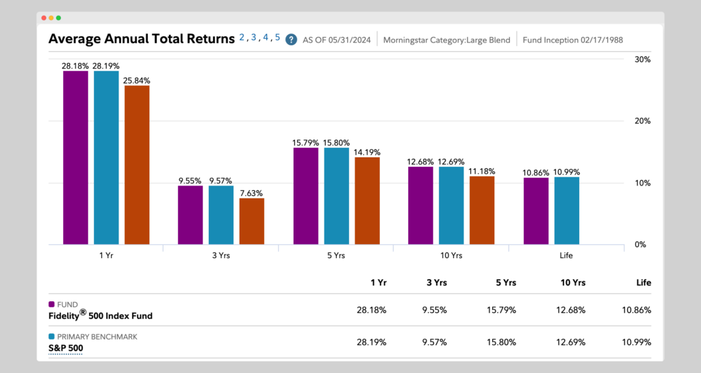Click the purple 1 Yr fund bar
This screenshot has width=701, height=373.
75,157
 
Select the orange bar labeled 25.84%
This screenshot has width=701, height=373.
137,165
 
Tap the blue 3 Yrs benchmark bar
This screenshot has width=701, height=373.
221,215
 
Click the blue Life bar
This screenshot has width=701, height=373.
566,211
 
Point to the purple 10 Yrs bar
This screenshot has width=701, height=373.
420,205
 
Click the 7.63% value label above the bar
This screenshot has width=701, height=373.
252,193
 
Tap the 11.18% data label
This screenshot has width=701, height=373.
482,171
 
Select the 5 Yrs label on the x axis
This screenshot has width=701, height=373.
335,255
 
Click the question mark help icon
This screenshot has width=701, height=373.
291,40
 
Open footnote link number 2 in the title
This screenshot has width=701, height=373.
242,38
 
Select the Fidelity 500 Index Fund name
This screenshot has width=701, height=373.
101,316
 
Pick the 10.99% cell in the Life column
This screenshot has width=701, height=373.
637,342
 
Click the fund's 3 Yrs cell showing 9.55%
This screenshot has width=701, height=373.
434,310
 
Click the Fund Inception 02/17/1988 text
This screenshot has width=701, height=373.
572,40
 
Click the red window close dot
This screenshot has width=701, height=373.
44,17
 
